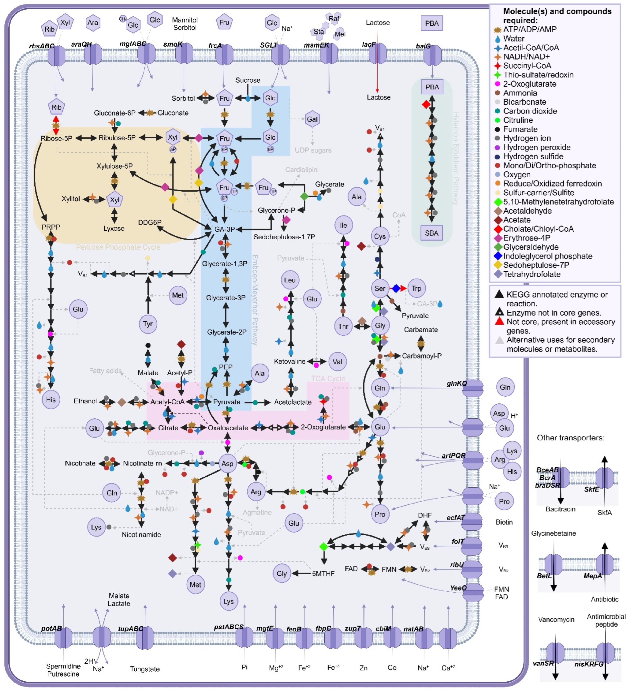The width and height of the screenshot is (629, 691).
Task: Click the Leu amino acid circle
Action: point(290,280)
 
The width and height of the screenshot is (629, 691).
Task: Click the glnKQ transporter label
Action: point(456,383)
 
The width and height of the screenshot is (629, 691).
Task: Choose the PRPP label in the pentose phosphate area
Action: point(51,227)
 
